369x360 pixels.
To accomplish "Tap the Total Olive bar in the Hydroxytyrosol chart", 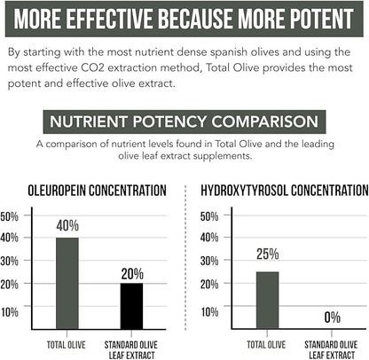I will coord(268,299).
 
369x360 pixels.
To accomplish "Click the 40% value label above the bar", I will coord(67,226).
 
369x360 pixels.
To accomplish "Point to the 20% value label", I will coord(132,272).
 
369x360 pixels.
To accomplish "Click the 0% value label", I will coord(333,317).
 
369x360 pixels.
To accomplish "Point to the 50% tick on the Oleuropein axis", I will coord(10,216).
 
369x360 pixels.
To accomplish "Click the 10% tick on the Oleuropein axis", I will coord(10,311).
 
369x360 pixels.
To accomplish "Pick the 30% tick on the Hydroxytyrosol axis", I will coord(209,263).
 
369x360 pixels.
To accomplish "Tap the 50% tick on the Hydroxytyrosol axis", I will coord(209,216).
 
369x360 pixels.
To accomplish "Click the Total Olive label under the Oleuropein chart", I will coord(67,342).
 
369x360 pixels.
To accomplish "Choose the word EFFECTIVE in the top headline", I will coord(130,19).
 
